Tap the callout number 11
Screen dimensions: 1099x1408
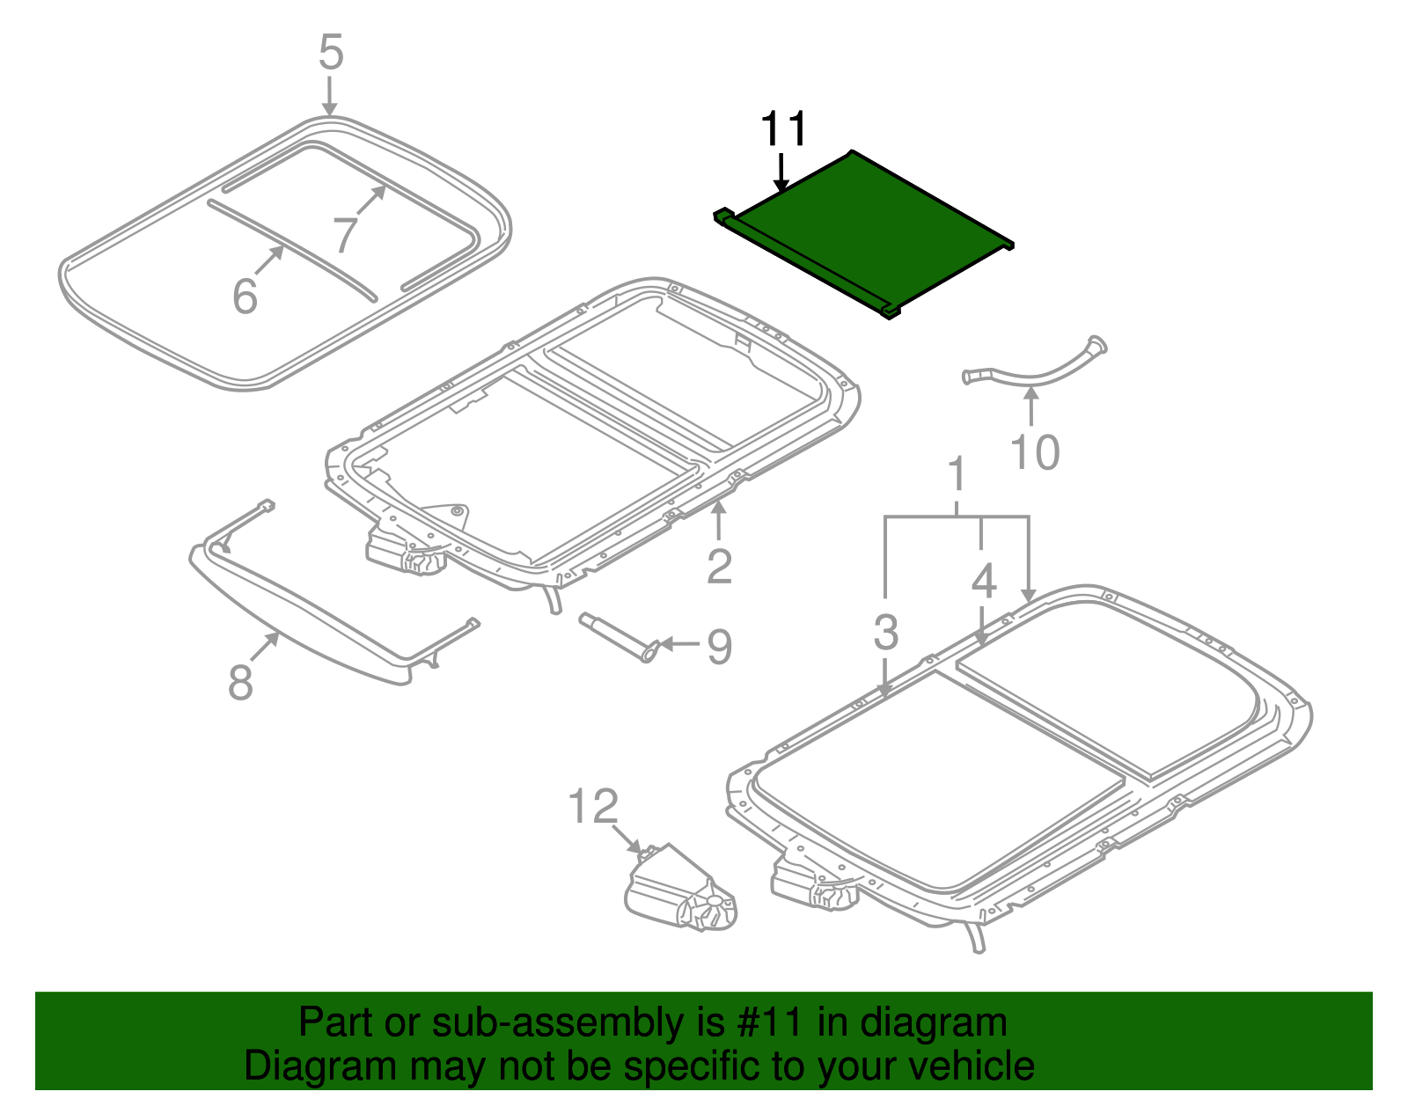pos(783,130)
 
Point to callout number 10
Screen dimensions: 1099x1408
pos(1034,453)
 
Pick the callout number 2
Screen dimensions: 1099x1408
pos(719,566)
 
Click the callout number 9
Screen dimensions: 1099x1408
pos(719,647)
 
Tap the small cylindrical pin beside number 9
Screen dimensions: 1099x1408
pos(616,634)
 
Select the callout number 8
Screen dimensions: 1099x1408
pos(240,682)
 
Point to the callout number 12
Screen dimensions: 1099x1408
pos(593,807)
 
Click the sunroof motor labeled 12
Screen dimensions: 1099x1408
pos(678,893)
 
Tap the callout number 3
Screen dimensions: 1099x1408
pos(886,632)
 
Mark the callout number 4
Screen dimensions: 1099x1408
pos(984,581)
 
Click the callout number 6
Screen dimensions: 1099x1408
pos(245,296)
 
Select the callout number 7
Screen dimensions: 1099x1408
pos(345,235)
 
